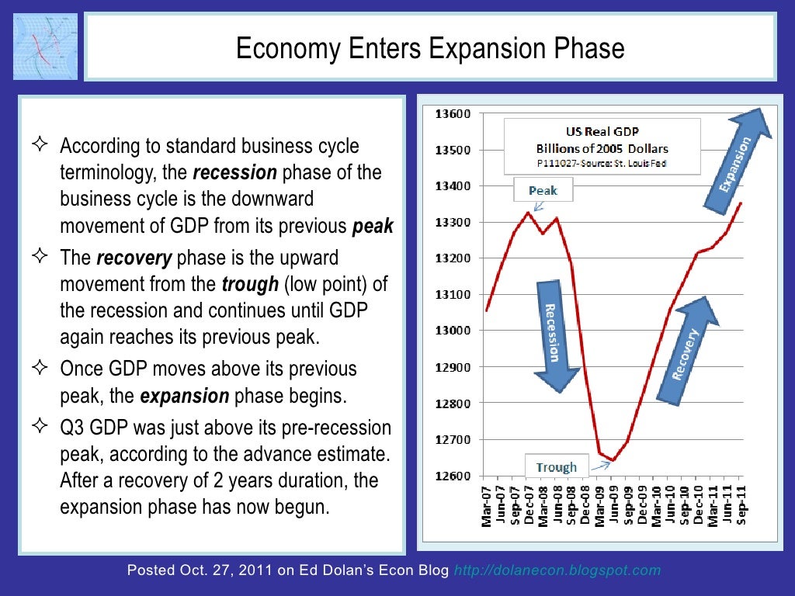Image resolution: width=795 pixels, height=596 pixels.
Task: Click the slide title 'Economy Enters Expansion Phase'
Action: click(x=429, y=48)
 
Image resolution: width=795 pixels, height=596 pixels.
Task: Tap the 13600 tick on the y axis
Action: click(x=453, y=114)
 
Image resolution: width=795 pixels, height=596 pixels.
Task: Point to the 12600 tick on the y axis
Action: click(x=453, y=476)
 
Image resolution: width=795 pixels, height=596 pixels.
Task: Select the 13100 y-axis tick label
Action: click(x=453, y=294)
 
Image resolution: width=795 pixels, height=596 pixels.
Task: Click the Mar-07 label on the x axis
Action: click(x=487, y=506)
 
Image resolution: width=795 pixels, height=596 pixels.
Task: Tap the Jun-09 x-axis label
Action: click(x=613, y=506)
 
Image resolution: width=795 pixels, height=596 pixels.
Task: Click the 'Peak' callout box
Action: click(x=543, y=190)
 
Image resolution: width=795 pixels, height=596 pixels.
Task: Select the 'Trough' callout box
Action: click(x=556, y=466)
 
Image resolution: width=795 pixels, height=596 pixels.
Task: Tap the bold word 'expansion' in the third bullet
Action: click(x=185, y=396)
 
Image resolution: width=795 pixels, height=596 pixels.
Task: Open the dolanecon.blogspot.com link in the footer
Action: click(x=557, y=570)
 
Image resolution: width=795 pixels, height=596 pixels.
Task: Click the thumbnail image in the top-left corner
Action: click(x=45, y=46)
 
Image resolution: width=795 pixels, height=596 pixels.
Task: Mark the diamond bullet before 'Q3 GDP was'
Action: click(x=41, y=425)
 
